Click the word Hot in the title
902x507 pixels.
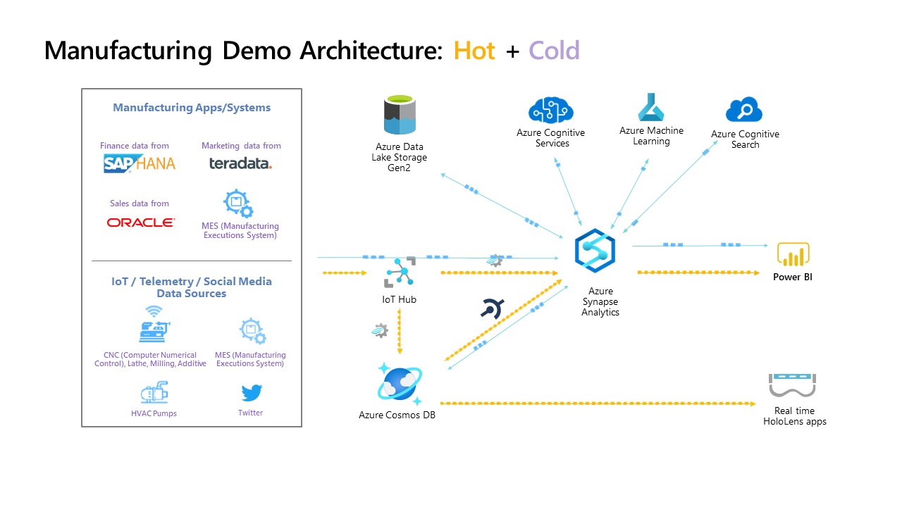tap(474, 51)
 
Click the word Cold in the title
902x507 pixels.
tap(554, 51)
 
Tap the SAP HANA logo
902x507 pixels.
tap(139, 163)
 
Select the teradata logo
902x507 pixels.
tap(240, 163)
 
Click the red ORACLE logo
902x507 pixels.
tap(140, 223)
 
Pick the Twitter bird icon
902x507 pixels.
tap(251, 393)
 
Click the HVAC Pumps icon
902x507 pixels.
tap(154, 393)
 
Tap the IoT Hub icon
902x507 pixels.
tap(399, 272)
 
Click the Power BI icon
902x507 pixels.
tap(793, 254)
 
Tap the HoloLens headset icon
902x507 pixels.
tap(792, 386)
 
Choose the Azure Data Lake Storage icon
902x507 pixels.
tap(400, 115)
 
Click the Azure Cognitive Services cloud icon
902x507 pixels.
tap(550, 111)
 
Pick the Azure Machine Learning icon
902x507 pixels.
tap(651, 108)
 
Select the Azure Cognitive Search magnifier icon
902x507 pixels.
tap(745, 111)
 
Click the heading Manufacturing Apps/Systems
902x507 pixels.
tap(192, 108)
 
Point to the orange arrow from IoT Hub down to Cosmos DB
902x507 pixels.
tap(400, 332)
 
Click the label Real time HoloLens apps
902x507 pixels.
tap(794, 416)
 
